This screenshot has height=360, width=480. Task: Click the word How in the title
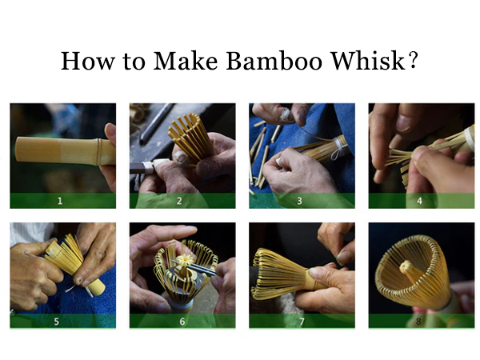click(84, 62)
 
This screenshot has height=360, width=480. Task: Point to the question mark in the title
click(412, 62)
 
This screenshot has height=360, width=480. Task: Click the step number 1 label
click(60, 201)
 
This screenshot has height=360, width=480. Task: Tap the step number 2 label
click(181, 201)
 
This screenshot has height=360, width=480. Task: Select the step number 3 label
click(301, 201)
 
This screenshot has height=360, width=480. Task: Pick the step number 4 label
click(420, 201)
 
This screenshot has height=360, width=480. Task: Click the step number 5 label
click(60, 321)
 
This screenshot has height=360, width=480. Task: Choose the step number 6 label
click(181, 321)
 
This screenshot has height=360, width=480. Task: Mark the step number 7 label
click(301, 321)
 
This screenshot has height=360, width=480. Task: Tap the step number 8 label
click(420, 321)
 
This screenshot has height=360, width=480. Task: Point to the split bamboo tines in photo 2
click(190, 134)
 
